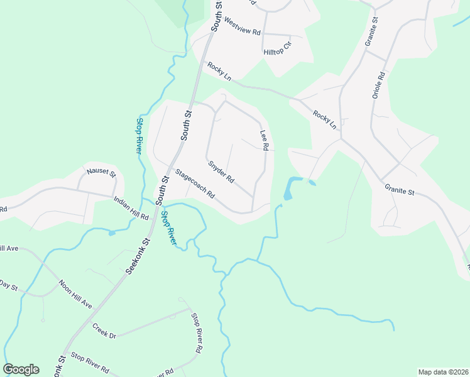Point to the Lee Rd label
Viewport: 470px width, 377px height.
click(x=265, y=140)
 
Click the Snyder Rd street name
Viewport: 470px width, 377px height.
click(x=221, y=171)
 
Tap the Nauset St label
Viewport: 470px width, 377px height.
click(x=102, y=172)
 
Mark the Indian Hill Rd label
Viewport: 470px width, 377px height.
click(x=131, y=208)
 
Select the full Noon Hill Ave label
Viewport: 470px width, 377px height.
click(x=75, y=293)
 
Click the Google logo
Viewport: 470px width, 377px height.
click(x=21, y=369)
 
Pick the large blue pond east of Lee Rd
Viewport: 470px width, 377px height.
click(x=289, y=188)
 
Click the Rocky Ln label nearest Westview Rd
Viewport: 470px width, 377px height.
click(x=219, y=72)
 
